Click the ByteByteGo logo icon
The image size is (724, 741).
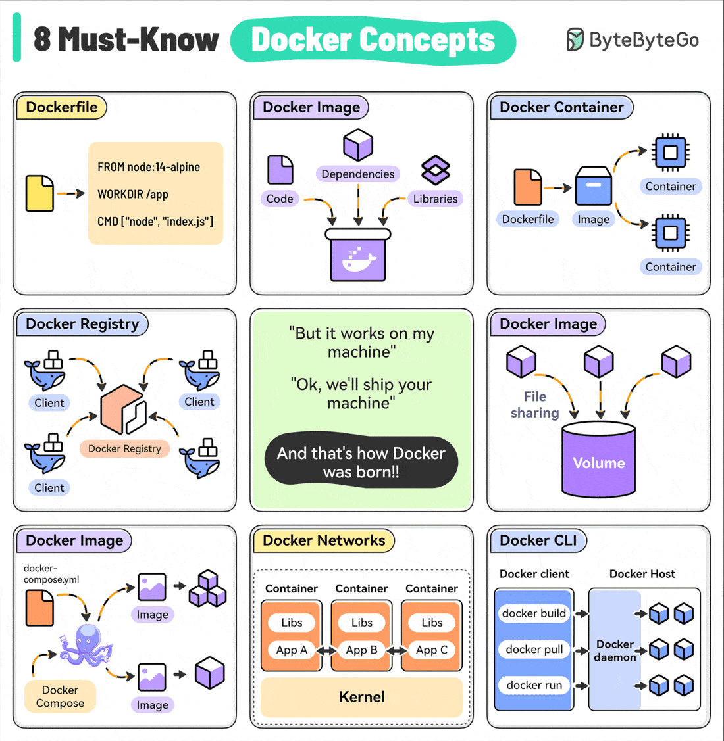[575, 39]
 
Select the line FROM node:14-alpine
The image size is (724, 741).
[149, 167]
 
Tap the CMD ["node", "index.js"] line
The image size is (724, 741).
[155, 222]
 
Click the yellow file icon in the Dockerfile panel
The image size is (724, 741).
[39, 193]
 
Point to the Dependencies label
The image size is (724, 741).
[358, 174]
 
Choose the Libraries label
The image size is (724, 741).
[435, 199]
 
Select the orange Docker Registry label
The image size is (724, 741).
[124, 448]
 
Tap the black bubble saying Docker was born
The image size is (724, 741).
[361, 462]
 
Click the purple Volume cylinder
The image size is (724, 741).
[598, 460]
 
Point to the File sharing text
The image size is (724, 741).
[534, 404]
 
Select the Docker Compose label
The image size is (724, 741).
[60, 696]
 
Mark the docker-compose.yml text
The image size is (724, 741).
[51, 574]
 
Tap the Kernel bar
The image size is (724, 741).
[361, 697]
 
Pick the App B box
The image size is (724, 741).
[361, 650]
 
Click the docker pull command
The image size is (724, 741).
[534, 649]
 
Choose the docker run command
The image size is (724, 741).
[534, 685]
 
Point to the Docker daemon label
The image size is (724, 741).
[615, 650]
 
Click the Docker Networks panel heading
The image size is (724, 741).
[324, 540]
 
